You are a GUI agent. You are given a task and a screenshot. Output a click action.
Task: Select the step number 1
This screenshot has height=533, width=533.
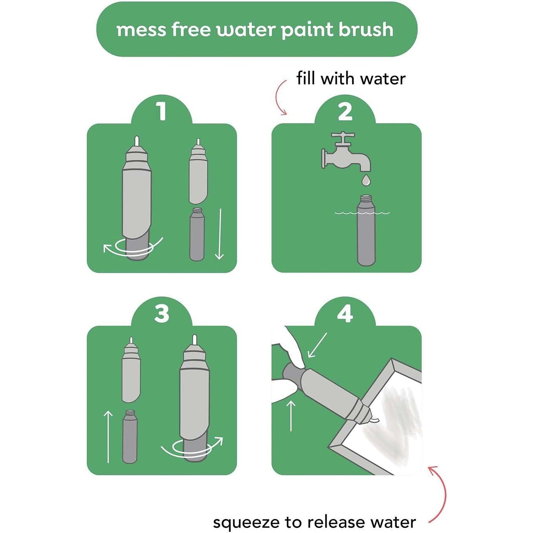pyautogui.click(x=161, y=112)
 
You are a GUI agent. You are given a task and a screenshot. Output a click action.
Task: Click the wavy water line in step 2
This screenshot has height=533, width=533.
pyautogui.click(x=362, y=213)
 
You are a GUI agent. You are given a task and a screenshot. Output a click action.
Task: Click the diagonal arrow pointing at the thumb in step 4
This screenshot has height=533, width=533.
pyautogui.click(x=317, y=345)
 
